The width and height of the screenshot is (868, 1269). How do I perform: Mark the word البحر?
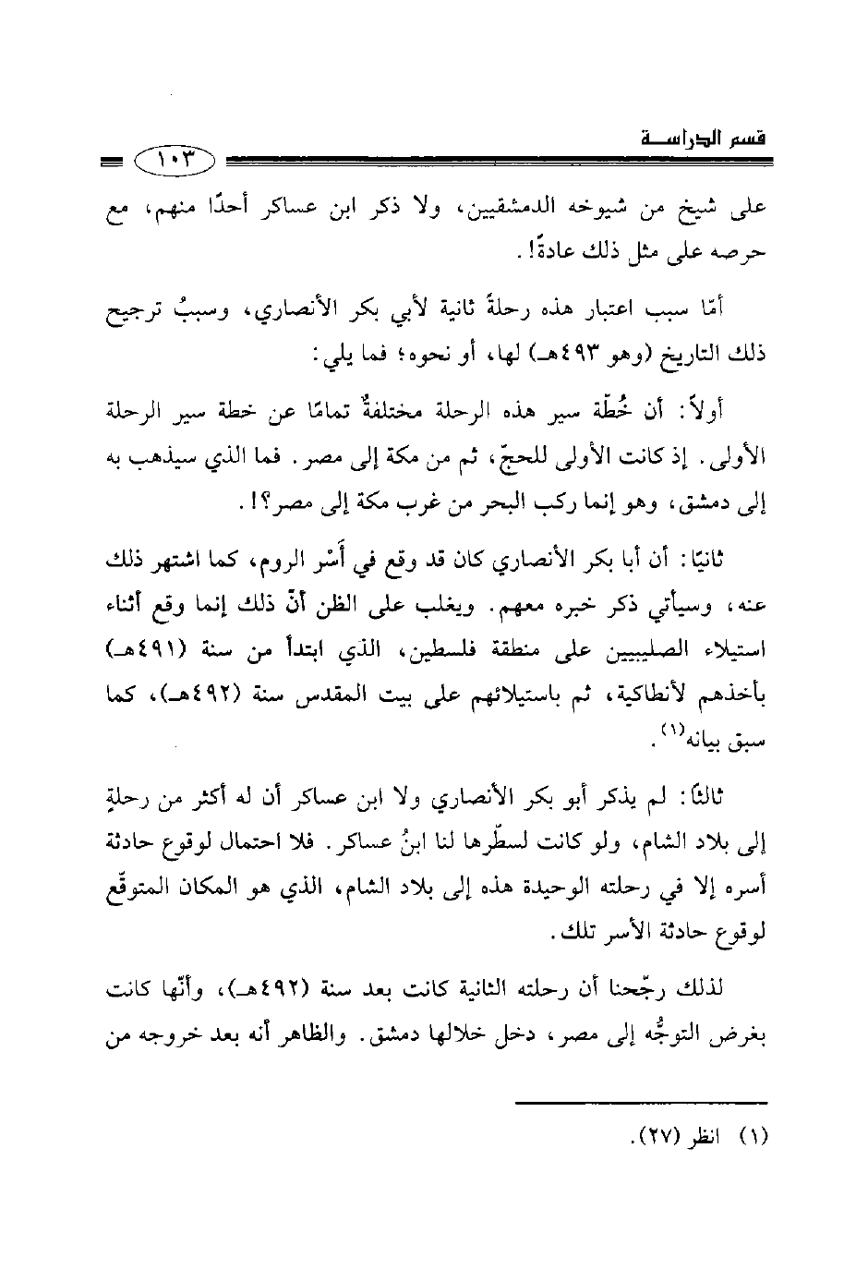pos(431,504)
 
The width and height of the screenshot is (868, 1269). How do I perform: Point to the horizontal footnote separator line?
pos(641,1101)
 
